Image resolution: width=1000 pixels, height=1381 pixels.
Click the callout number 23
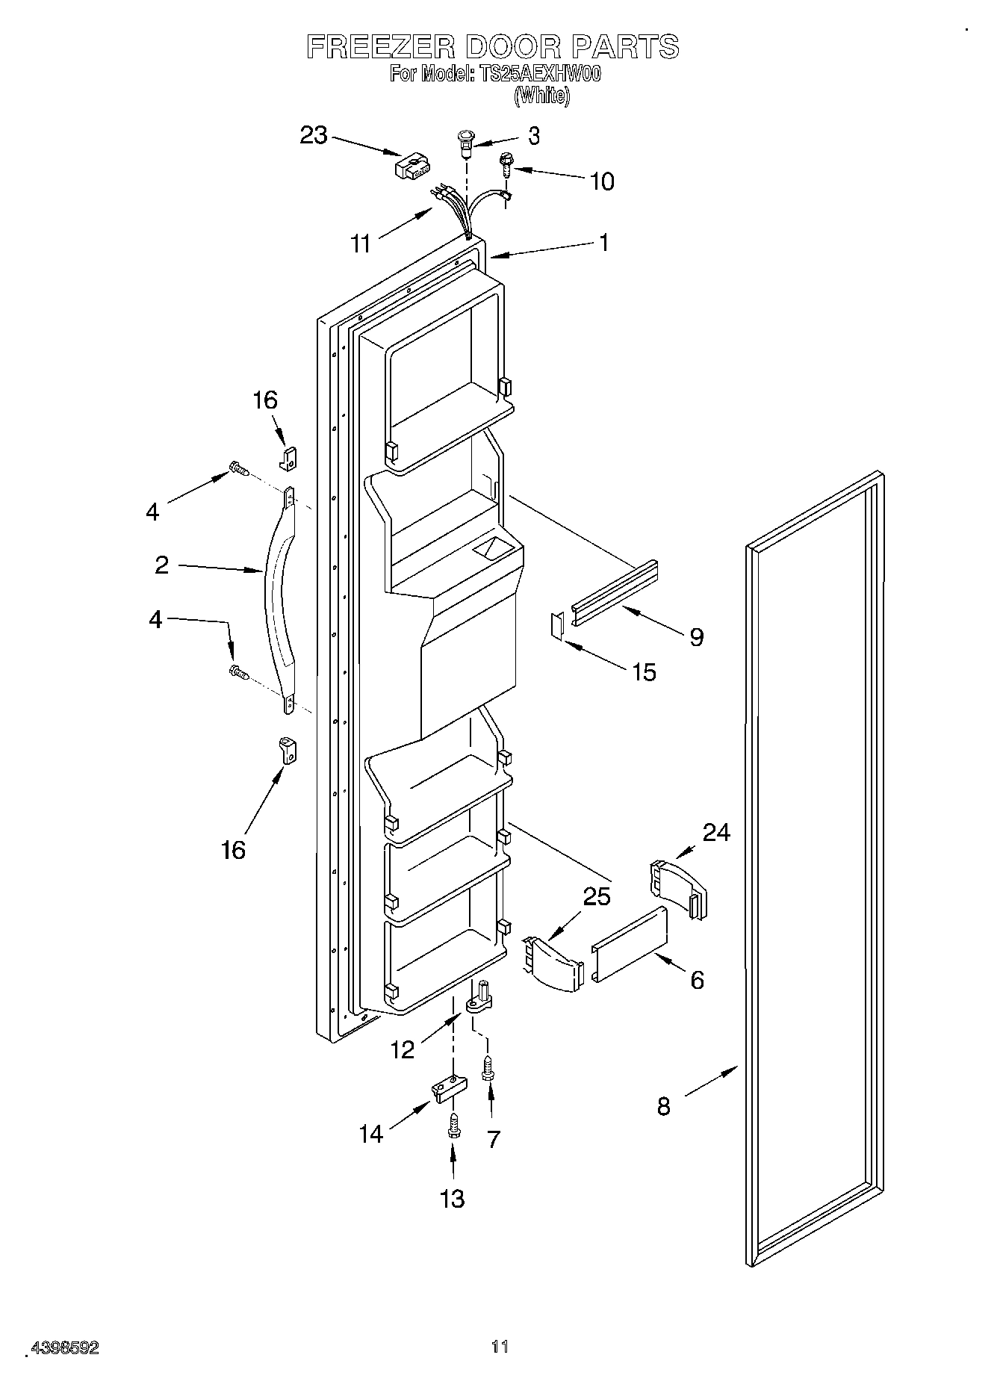[x=314, y=136]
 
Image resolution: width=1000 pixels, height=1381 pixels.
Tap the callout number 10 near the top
[x=602, y=181]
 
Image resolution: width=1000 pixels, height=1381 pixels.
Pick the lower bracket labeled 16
[x=288, y=749]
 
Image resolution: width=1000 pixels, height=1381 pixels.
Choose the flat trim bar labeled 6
[x=629, y=945]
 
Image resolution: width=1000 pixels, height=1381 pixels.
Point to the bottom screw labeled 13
[x=453, y=1126]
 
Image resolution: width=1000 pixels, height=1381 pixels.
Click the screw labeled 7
[x=487, y=1067]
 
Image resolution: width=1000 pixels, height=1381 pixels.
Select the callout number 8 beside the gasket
[x=663, y=1106]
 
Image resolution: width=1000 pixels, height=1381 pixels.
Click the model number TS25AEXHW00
[x=536, y=75]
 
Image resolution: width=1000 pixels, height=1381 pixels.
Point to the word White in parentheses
[x=541, y=96]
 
